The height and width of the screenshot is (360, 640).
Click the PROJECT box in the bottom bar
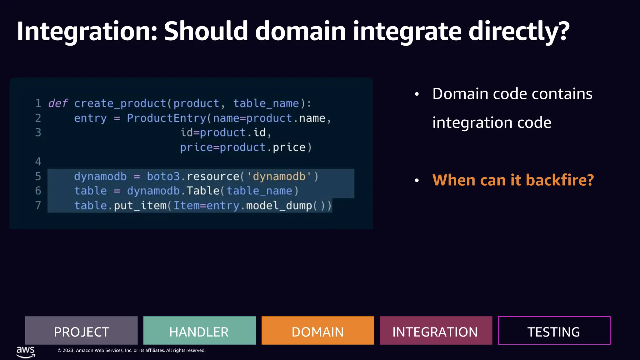coord(81,331)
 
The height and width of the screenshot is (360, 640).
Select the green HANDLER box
coord(199,331)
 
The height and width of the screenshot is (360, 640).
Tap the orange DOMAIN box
coord(317,331)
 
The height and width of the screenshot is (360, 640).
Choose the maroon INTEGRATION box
coord(436,331)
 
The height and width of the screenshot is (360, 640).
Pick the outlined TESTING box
coord(554,331)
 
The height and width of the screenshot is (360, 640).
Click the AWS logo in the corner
coord(26,352)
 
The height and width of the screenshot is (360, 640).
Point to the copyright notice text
coord(131,350)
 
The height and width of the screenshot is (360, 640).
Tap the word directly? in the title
coord(519,31)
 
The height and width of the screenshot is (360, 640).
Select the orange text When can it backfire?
coord(513,180)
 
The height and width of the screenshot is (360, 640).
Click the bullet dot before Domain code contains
coord(417,94)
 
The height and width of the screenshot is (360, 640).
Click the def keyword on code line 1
coord(58,103)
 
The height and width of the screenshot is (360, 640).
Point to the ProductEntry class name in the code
coord(166,118)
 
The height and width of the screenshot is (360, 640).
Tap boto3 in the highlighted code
coord(163,177)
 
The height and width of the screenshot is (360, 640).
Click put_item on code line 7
coord(140,206)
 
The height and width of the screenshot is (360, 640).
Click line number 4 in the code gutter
coord(38,162)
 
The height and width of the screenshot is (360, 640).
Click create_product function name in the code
coord(120,103)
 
